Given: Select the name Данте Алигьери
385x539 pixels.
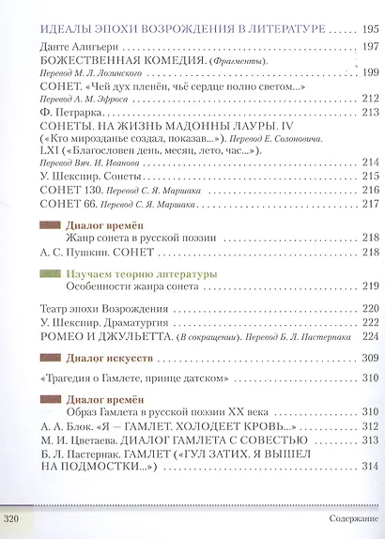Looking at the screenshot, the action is (x=70, y=44).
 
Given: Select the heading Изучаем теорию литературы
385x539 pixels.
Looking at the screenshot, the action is (x=142, y=272).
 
